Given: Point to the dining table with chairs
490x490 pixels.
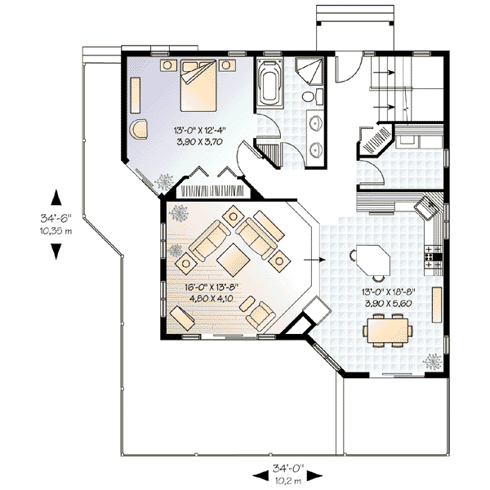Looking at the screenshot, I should (388, 331).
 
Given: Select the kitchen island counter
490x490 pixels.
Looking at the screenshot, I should (372, 261).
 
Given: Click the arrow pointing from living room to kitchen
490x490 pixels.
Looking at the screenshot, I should (314, 261).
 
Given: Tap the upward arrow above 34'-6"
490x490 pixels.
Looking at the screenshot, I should (56, 198).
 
